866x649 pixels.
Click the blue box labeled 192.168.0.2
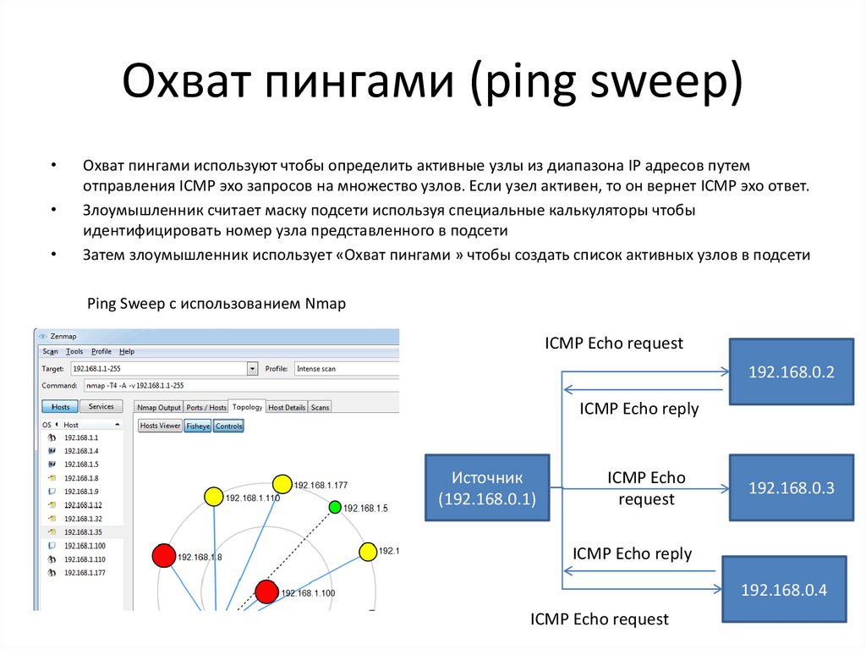[791, 371]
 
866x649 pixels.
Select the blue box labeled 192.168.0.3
[791, 487]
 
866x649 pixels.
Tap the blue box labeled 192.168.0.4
[783, 590]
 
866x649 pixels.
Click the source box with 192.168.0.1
[487, 488]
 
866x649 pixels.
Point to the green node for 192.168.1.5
[335, 507]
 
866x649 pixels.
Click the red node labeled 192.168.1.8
[163, 556]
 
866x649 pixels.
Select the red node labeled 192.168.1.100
[266, 591]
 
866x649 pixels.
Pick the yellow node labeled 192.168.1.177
[282, 484]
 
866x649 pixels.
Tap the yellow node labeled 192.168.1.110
[213, 496]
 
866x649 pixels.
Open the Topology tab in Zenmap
[247, 407]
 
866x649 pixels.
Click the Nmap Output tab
[159, 408]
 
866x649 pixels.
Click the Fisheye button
[198, 426]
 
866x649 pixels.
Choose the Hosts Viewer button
[160, 426]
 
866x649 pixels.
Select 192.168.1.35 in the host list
[82, 532]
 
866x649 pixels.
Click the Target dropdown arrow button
[252, 369]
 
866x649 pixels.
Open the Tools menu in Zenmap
[74, 351]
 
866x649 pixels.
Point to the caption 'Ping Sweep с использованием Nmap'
[216, 303]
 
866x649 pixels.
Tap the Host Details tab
[287, 408]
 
